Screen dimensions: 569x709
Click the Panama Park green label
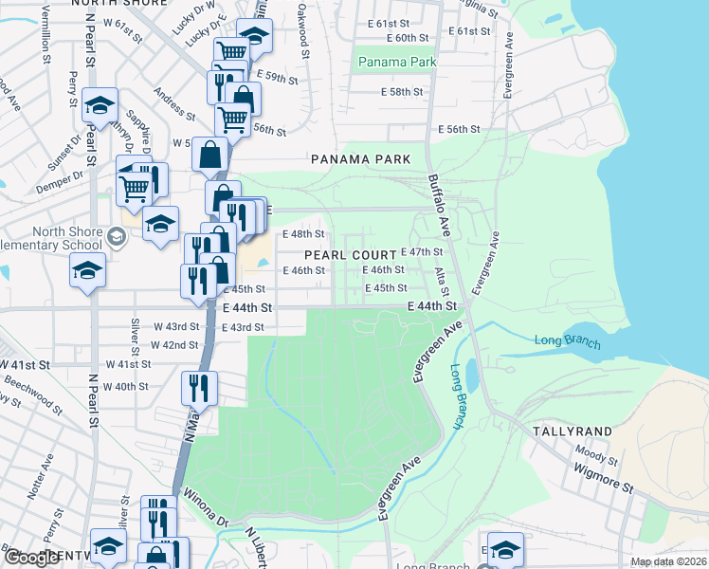pyautogui.click(x=397, y=63)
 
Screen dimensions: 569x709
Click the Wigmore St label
pyautogui.click(x=602, y=478)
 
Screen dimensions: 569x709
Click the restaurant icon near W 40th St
pyautogui.click(x=200, y=388)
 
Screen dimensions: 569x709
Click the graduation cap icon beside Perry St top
pyautogui.click(x=99, y=107)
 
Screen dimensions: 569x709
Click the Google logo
pyautogui.click(x=31, y=559)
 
